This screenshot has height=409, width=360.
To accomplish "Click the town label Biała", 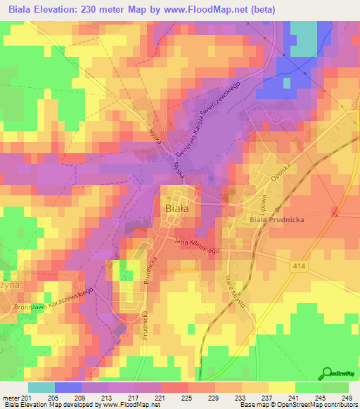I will click(176, 208).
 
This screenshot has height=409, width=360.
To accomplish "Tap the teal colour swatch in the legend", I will click(41, 387).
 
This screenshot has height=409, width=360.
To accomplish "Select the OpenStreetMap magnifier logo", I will click(328, 374).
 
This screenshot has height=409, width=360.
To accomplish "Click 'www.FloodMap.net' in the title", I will click(221, 10).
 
